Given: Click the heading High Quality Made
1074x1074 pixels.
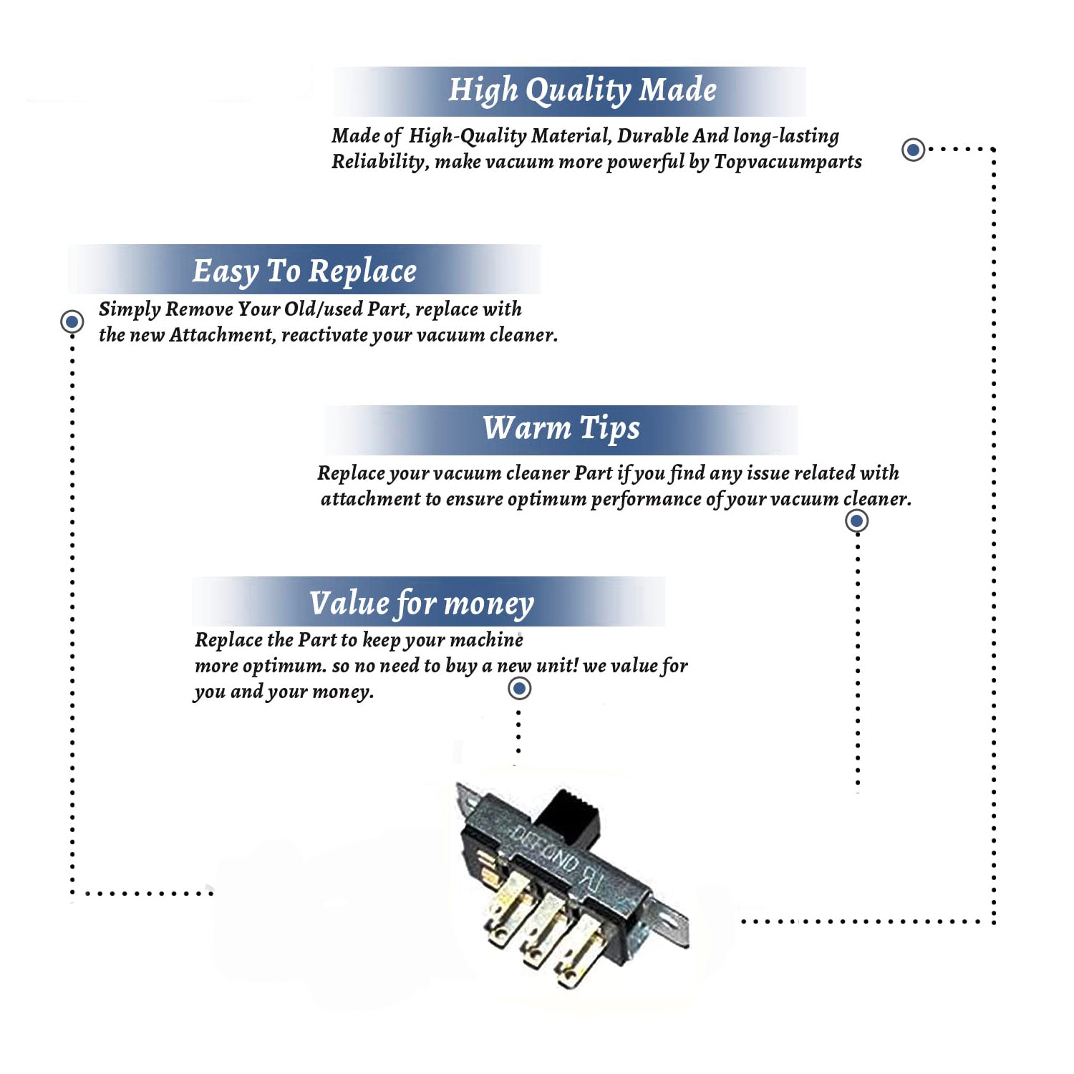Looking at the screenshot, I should click(582, 90).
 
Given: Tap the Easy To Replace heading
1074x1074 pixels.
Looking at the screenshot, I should click(304, 271).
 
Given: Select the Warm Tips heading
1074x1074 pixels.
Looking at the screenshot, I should click(561, 428).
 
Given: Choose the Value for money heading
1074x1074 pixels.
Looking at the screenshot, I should click(422, 603).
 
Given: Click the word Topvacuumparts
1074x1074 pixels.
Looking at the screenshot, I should click(788, 162).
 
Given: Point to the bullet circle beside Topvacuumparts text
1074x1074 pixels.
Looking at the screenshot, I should click(912, 150).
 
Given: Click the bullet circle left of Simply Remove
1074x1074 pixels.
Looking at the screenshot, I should click(72, 321).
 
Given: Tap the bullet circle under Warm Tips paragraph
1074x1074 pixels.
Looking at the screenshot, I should click(856, 521).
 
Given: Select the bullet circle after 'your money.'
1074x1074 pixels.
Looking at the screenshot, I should click(519, 689).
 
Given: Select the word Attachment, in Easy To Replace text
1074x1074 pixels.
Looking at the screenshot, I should click(222, 335).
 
